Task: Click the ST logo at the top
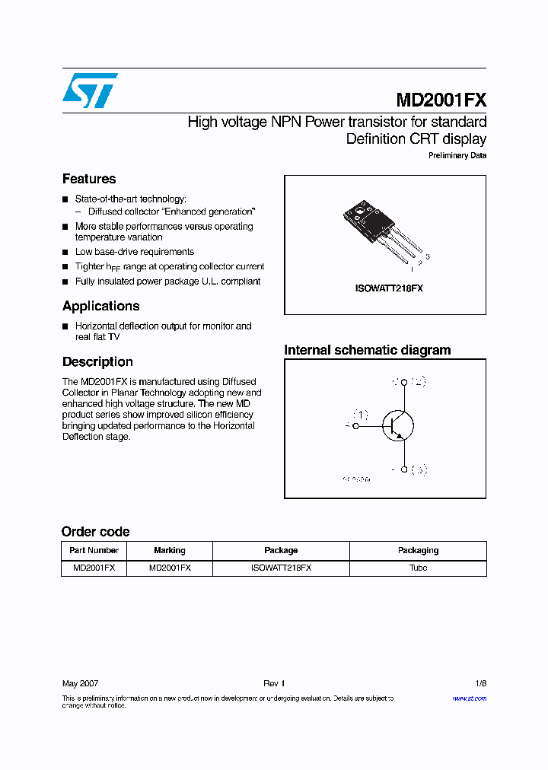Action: (x=90, y=91)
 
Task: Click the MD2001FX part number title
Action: (x=441, y=100)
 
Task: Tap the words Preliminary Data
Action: (x=457, y=156)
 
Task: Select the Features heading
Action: (x=89, y=179)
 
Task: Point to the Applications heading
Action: (x=100, y=306)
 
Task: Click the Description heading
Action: (x=97, y=362)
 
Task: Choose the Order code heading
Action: (x=95, y=532)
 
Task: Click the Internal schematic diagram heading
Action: (x=367, y=350)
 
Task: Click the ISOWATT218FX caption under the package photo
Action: (x=389, y=289)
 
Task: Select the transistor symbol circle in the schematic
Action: (x=397, y=426)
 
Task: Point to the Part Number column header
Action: (x=94, y=550)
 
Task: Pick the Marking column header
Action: (x=169, y=550)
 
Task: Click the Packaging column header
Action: (x=418, y=550)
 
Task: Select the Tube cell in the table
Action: (x=418, y=568)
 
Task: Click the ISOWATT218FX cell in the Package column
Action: (x=281, y=568)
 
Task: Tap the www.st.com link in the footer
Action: (x=469, y=698)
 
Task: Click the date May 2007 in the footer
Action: (x=80, y=683)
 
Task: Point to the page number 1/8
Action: (x=479, y=683)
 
